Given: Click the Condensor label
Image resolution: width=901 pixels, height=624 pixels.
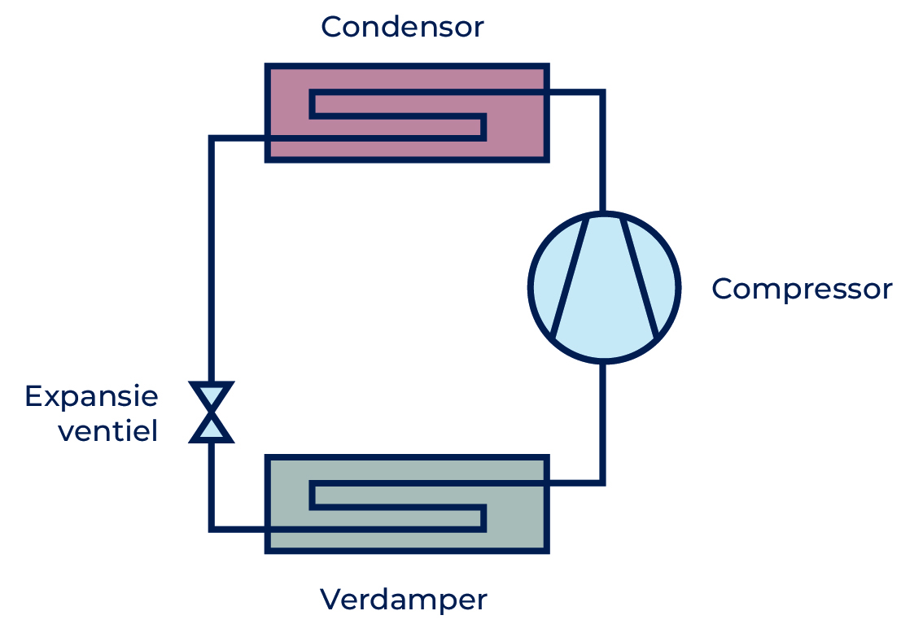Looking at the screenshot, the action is point(402,27).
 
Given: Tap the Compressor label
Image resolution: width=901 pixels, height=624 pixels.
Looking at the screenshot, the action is point(803,289).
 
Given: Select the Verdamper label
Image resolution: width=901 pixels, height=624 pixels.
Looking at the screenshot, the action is point(404,600).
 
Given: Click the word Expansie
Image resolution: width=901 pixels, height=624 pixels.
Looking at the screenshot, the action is point(91,397).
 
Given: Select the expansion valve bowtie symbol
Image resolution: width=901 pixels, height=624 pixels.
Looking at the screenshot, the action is point(212,412).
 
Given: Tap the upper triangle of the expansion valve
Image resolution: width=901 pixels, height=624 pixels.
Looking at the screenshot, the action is point(212,395).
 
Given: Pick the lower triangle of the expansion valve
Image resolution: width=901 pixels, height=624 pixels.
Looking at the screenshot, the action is point(212,429).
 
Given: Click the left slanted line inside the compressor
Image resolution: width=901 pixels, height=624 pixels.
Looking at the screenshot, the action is point(570,277).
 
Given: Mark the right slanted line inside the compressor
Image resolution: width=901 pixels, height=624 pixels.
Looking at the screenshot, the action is point(640,277).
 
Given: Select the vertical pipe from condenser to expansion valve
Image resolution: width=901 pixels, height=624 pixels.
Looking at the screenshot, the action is point(212,259).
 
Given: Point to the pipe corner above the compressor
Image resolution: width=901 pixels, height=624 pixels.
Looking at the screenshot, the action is point(603,92).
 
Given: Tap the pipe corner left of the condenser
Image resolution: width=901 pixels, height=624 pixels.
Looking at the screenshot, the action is point(212,138).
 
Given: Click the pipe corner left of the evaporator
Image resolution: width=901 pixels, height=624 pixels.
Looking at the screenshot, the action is point(212,529).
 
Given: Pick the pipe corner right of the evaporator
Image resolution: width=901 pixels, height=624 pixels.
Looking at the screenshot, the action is point(603,482).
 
